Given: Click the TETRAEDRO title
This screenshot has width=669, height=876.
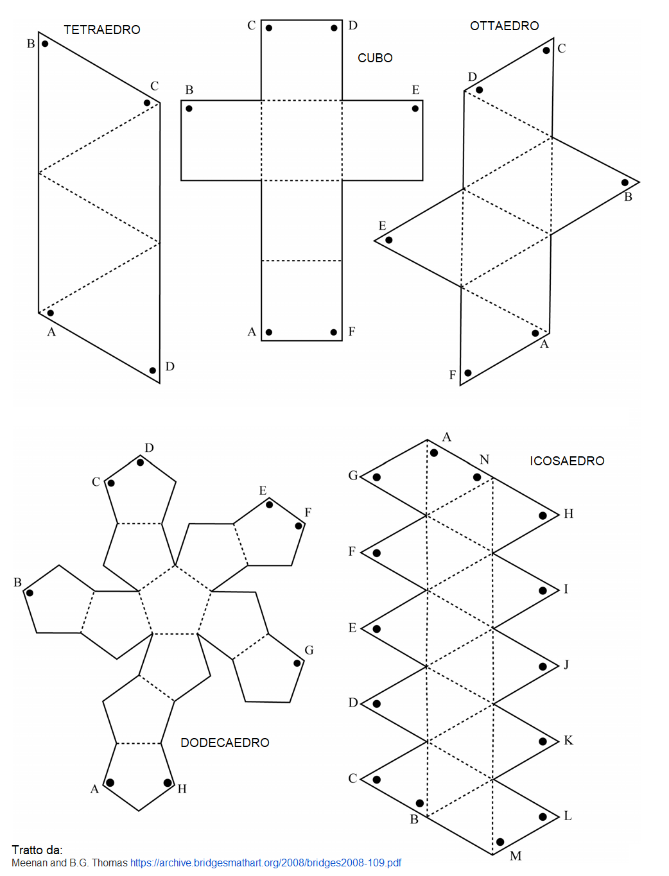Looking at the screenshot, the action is (102, 30).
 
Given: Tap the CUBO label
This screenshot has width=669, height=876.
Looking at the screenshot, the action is (375, 58).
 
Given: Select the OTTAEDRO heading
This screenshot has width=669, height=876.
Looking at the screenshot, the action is (504, 26).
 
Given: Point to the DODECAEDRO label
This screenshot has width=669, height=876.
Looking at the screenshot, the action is (225, 743).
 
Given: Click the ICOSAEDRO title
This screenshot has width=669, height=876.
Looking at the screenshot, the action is (567, 461).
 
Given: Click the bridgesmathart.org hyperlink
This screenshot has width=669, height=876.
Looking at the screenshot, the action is (266, 863).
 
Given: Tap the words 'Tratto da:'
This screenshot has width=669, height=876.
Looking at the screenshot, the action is (37, 850).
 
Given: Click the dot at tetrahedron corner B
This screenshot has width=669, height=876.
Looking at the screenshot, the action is (45, 44).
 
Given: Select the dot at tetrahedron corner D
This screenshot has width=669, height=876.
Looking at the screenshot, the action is (152, 370).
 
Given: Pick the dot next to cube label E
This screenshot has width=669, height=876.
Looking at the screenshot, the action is (415, 108).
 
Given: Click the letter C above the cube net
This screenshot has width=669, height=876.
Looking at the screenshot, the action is (252, 26).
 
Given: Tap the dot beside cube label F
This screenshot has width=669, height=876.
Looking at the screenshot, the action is (334, 332).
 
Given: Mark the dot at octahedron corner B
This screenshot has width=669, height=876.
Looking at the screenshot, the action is (625, 182).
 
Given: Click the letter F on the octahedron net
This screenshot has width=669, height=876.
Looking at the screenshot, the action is (452, 375).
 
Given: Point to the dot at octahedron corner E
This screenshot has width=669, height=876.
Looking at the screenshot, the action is (389, 240).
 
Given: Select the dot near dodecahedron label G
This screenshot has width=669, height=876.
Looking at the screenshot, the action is (297, 663).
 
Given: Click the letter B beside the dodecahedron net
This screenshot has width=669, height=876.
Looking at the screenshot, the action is (17, 582).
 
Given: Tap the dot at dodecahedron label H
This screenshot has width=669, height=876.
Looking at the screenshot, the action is (168, 782).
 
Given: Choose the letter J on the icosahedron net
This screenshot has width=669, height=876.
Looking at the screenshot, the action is (566, 664).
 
